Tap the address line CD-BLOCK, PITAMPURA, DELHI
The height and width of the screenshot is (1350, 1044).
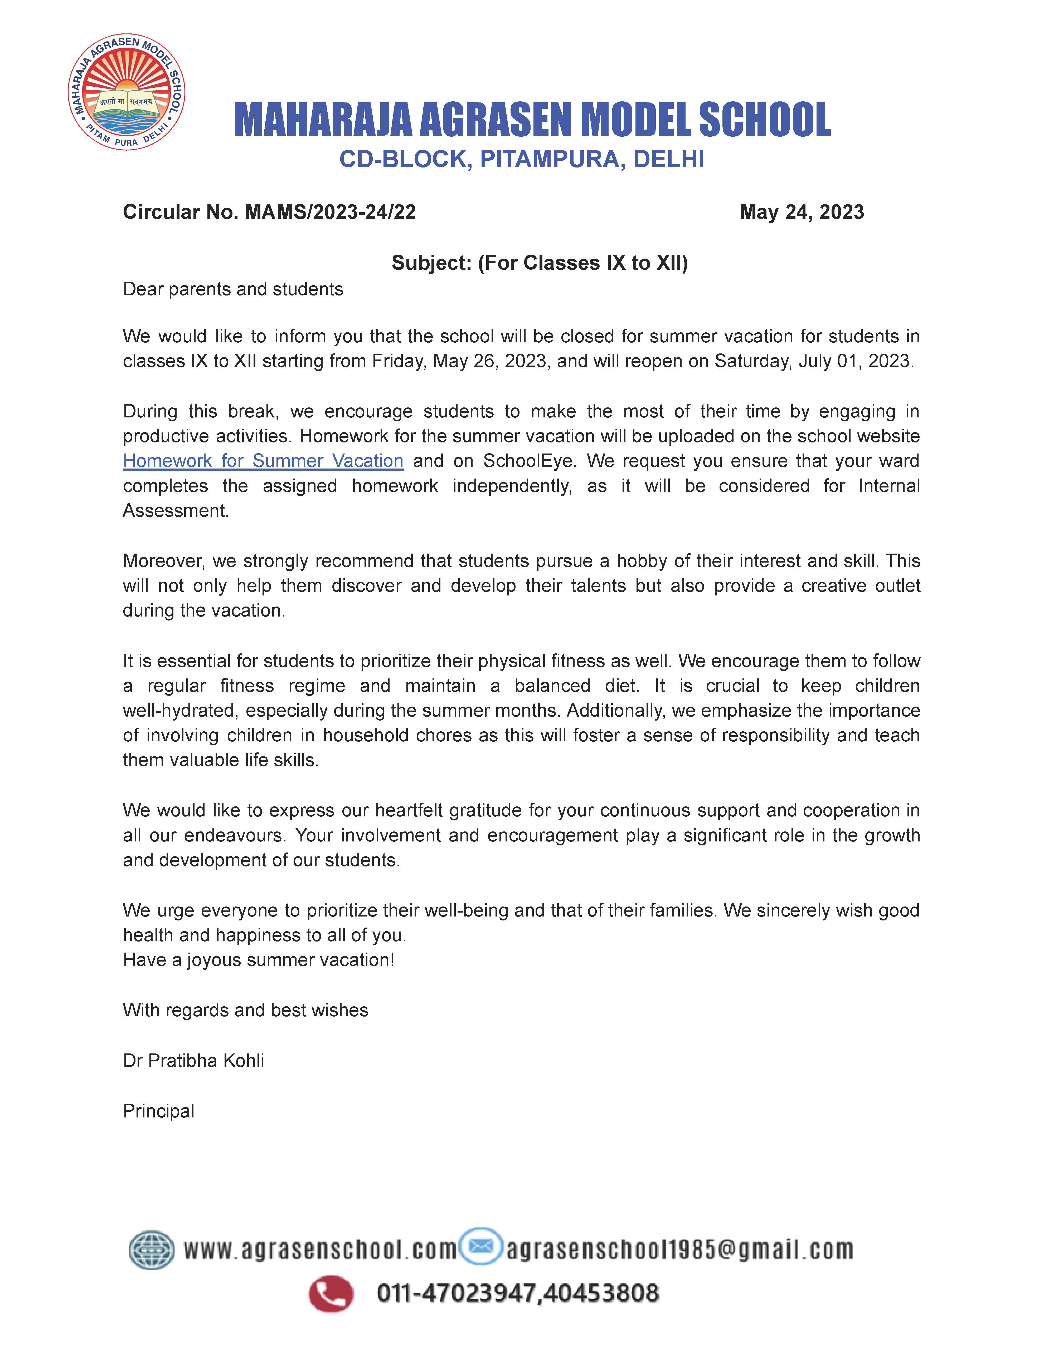[x=521, y=160]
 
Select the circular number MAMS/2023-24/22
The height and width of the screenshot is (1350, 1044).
[x=330, y=212]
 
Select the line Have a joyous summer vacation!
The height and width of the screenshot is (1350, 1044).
[x=259, y=960]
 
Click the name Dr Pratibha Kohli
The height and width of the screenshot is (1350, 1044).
[x=193, y=1061]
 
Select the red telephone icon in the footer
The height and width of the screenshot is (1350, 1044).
[x=331, y=1294]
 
